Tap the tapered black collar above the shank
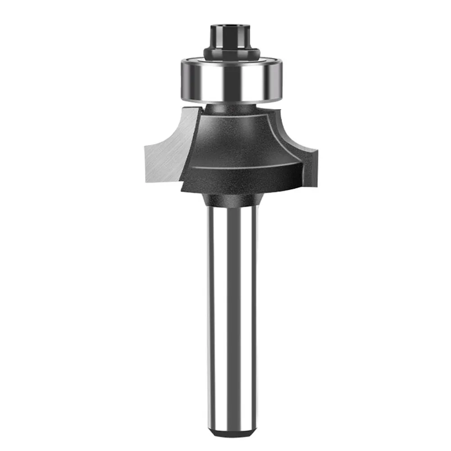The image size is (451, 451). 232,200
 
